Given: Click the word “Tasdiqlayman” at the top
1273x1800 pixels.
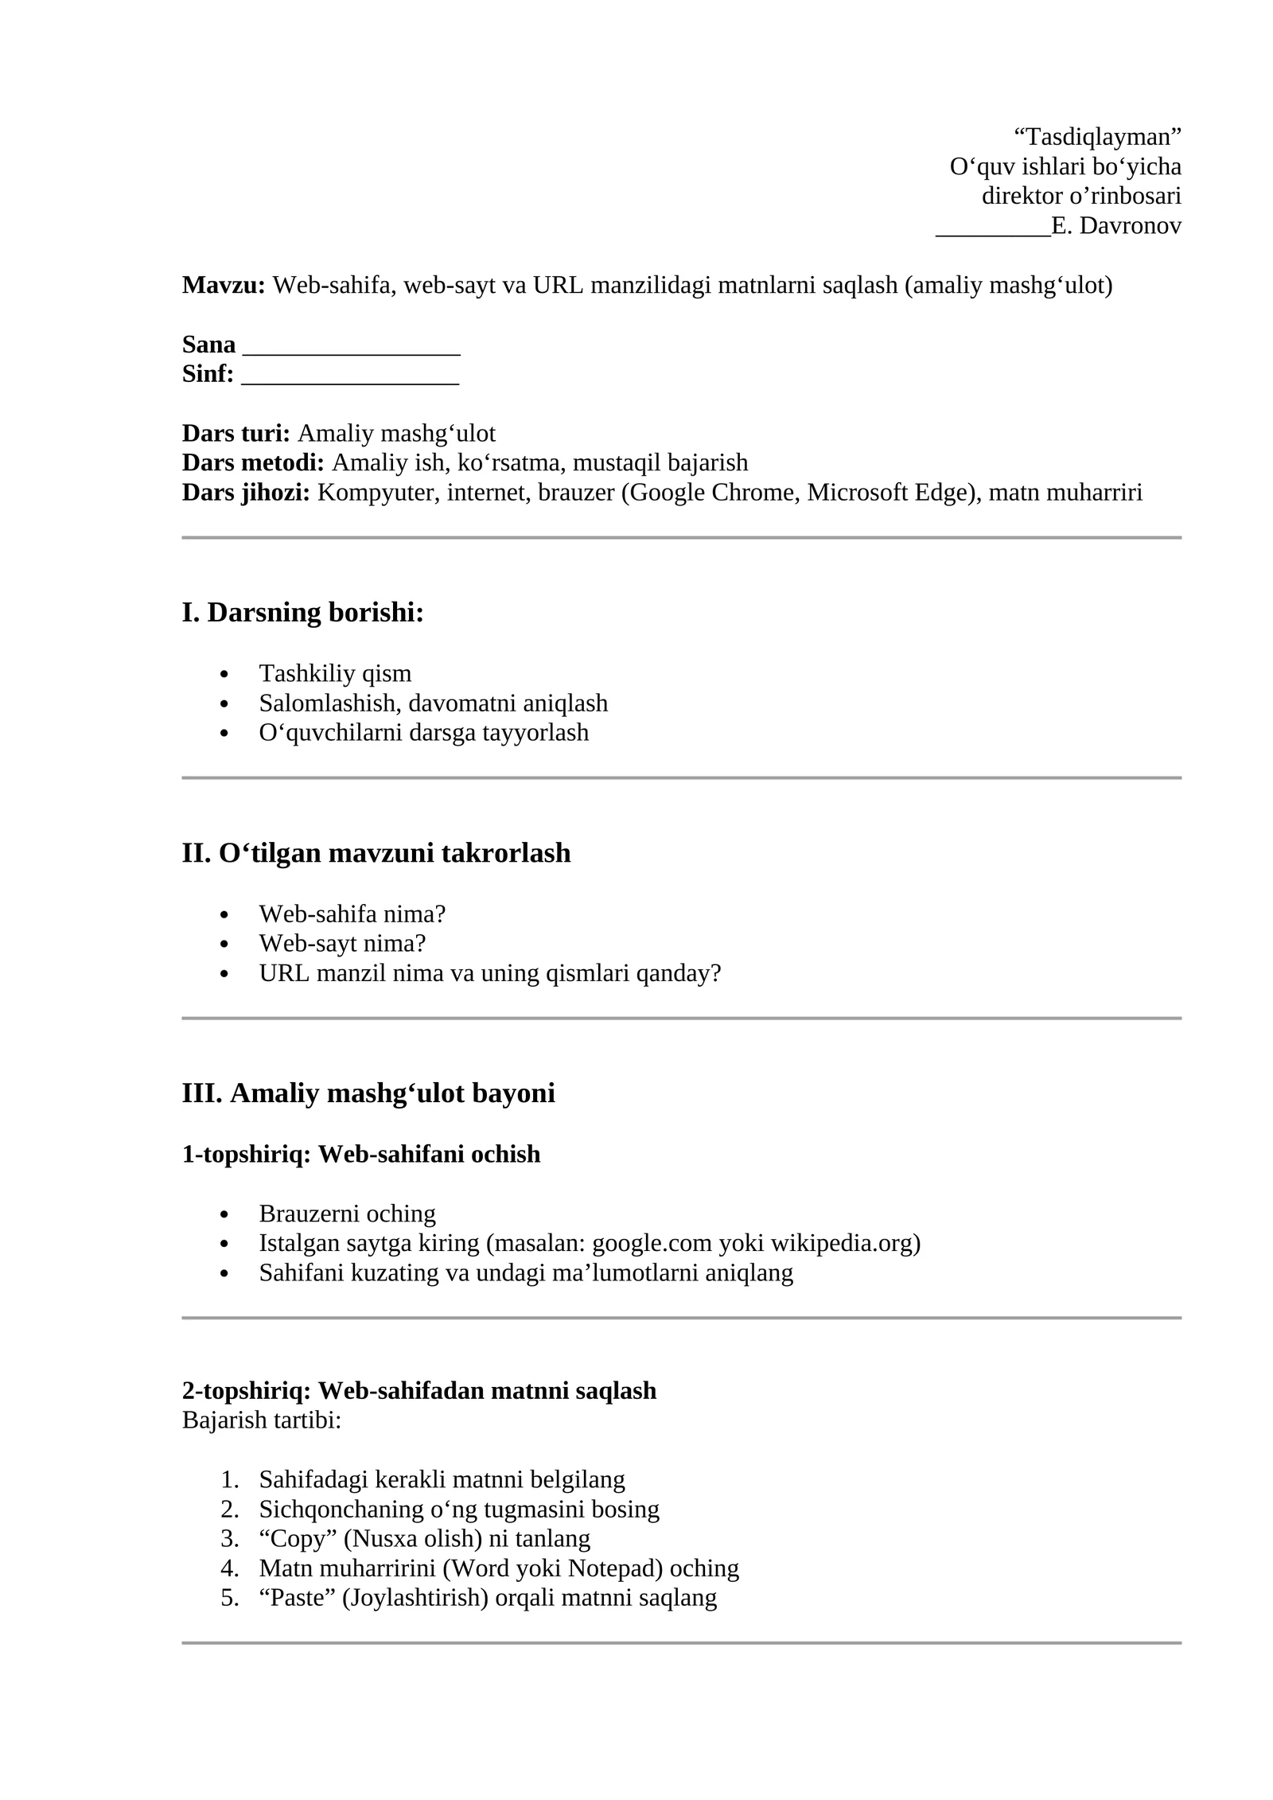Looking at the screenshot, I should [1097, 137].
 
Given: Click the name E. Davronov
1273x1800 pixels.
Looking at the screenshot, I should [1115, 226].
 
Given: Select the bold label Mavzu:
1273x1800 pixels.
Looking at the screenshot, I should [224, 285].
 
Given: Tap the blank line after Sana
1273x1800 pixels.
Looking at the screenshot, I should [351, 345].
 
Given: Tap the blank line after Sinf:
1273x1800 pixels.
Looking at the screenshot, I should [349, 375].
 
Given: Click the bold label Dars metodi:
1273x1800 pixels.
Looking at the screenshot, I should [253, 462].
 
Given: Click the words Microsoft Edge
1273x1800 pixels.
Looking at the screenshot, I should [891, 493].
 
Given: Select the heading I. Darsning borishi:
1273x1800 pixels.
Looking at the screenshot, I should [302, 613].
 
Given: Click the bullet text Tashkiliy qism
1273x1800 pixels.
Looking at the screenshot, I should [335, 673].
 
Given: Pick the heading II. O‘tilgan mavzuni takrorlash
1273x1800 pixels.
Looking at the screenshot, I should [376, 853].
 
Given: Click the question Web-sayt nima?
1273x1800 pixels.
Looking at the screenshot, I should [342, 943].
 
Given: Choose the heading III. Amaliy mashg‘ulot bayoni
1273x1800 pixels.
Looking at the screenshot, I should [368, 1093].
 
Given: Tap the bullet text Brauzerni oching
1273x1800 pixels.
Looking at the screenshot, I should [347, 1214].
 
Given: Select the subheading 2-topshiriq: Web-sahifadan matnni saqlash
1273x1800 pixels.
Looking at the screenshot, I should [419, 1390].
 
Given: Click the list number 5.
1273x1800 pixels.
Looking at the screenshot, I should [229, 1597].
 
